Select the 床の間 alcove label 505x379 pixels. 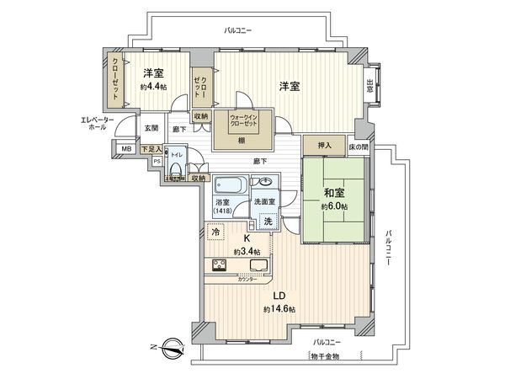click(359, 147)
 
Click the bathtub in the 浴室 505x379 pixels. click(228, 184)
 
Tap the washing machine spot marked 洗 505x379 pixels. click(268, 219)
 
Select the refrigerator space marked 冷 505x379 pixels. click(215, 232)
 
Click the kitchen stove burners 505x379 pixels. click(220, 268)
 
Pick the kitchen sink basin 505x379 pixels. click(258, 269)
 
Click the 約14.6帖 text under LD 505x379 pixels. click(279, 309)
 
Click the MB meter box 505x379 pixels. click(126, 150)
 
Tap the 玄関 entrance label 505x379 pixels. click(150, 128)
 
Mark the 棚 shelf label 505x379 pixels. click(241, 140)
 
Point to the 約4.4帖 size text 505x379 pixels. click(152, 87)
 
